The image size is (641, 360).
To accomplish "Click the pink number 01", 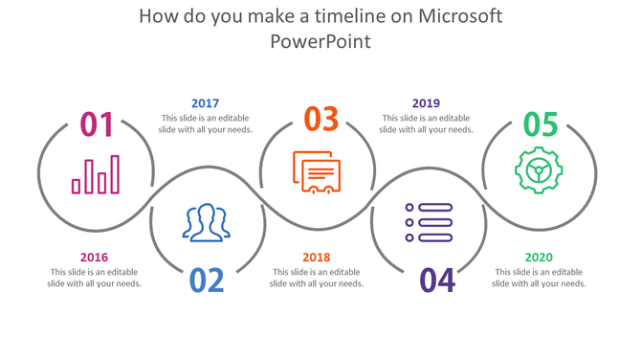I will tap(97, 124).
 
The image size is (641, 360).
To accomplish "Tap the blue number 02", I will tap(207, 280).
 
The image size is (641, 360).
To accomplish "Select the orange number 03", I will tap(321, 119).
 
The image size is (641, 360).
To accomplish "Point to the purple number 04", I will tap(437, 280).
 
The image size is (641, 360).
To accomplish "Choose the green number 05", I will tap(540, 124).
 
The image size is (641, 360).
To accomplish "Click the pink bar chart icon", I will tap(96, 175).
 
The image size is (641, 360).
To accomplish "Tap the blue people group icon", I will tap(207, 223).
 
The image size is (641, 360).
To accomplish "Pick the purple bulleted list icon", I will tap(428, 222).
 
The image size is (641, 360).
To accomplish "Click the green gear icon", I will tap(539, 170).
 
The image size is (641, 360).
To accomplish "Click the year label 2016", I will tap(94, 257).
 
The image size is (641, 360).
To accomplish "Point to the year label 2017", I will tap(205, 103).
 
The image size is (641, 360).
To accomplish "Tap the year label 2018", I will tap(316, 257).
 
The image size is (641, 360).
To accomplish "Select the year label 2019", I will tap(426, 103).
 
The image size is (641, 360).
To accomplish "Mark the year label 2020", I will tap(539, 257).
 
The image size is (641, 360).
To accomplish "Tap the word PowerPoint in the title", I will tap(320, 42).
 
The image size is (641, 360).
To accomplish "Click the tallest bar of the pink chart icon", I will tap(115, 174).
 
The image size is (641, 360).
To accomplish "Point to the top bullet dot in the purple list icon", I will tap(409, 207).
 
